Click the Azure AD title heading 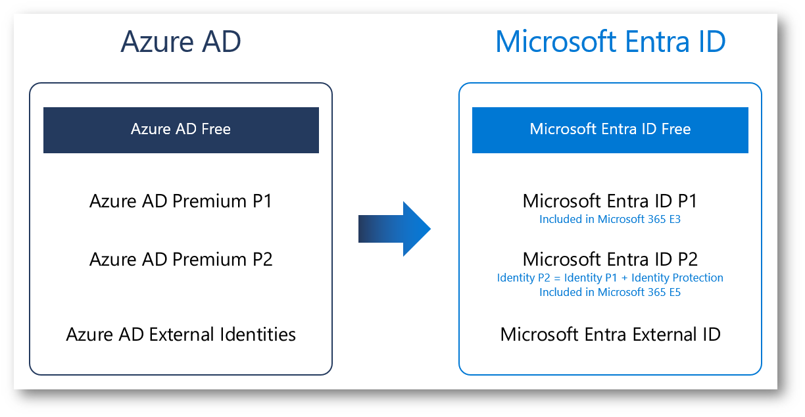pyautogui.click(x=181, y=41)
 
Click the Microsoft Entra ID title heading pyautogui.click(x=610, y=41)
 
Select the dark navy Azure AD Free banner pyautogui.click(x=181, y=130)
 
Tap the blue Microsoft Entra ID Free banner pyautogui.click(x=610, y=130)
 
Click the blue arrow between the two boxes pyautogui.click(x=395, y=229)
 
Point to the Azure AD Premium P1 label pyautogui.click(x=181, y=201)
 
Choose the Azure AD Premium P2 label pyautogui.click(x=181, y=259)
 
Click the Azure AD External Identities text pyautogui.click(x=181, y=334)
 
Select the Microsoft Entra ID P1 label pyautogui.click(x=610, y=201)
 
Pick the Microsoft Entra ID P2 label pyautogui.click(x=610, y=259)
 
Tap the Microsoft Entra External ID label pyautogui.click(x=610, y=334)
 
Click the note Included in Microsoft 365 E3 pyautogui.click(x=610, y=219)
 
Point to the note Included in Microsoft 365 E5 pyautogui.click(x=610, y=292)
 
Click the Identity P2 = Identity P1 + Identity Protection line pyautogui.click(x=610, y=278)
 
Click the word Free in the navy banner pyautogui.click(x=216, y=129)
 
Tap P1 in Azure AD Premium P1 pyautogui.click(x=262, y=201)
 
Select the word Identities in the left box pyautogui.click(x=258, y=334)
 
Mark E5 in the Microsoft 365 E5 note pyautogui.click(x=675, y=292)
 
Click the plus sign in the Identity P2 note pyautogui.click(x=624, y=278)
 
